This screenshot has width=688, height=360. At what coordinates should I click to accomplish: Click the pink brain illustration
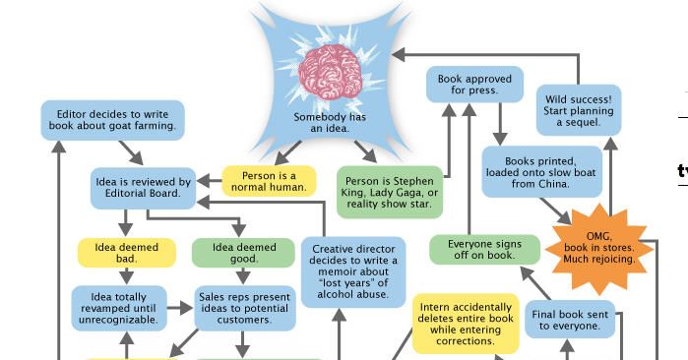330,69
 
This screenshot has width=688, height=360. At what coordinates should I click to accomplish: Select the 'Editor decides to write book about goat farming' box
112,120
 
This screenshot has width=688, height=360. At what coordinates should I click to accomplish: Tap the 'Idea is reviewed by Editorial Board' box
143,188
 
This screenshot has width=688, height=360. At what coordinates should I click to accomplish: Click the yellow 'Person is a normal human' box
269,181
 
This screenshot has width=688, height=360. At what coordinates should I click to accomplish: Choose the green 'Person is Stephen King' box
389,191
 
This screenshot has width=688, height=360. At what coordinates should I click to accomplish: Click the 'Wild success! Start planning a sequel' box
578,111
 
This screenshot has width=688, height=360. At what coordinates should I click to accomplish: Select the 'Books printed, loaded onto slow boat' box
542,172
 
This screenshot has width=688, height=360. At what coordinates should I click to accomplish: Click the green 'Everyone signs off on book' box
484,250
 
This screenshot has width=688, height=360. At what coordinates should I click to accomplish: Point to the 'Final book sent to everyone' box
570,320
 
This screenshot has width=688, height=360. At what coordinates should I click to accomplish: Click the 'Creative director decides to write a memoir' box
351,270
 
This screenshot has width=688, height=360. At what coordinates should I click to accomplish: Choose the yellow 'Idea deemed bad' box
127,253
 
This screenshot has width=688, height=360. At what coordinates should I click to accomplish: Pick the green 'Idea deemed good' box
243,253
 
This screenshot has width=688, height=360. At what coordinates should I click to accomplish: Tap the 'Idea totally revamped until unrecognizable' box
119,308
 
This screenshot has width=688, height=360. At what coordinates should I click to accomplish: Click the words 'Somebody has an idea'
330,122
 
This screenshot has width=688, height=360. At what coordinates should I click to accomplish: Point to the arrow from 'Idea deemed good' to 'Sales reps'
243,275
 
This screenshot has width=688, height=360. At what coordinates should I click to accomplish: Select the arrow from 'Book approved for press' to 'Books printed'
501,124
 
